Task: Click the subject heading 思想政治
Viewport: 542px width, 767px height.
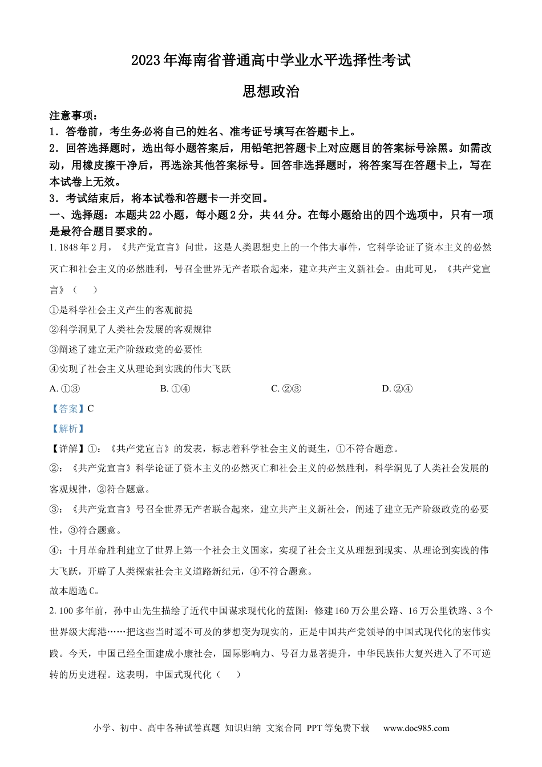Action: [271, 91]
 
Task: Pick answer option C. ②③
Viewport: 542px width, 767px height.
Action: [286, 389]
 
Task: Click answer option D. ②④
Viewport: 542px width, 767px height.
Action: [397, 389]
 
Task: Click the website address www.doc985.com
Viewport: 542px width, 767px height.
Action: [416, 728]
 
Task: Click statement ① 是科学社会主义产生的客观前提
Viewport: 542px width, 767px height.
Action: [121, 310]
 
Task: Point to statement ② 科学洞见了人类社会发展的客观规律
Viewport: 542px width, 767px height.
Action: [131, 329]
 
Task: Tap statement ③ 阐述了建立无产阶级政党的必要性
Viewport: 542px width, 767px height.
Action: [126, 349]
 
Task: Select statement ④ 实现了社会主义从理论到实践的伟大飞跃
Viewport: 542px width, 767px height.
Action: [140, 369]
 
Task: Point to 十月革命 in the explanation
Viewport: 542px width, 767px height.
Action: [88, 550]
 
